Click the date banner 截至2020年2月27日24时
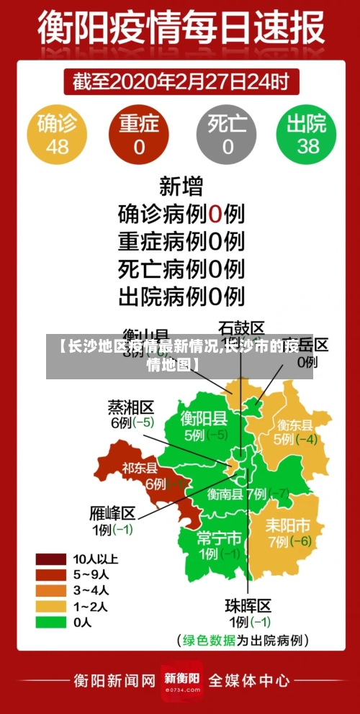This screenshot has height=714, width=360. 181,81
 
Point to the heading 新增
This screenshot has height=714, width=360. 181,187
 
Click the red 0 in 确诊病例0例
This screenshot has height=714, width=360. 215,214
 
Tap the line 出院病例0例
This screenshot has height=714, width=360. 181,295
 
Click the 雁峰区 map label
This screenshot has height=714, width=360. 113,513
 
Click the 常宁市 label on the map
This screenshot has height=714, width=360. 219,538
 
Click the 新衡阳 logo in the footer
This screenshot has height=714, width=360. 181,679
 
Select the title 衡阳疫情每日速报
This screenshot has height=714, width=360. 181,30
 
